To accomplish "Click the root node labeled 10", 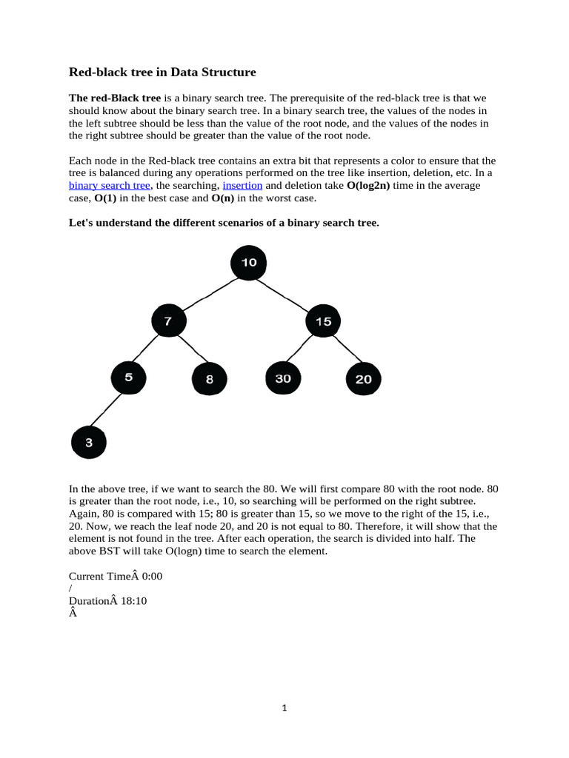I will [x=249, y=263].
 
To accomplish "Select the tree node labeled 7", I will [x=169, y=321].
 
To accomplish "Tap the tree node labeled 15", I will [x=324, y=321].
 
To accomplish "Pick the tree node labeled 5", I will [x=129, y=378].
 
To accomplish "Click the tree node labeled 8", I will [x=210, y=379].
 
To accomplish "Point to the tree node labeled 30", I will [x=283, y=378].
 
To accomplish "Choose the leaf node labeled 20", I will [x=364, y=379].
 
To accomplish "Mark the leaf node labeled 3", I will [x=89, y=443].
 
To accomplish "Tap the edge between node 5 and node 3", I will [x=108, y=410].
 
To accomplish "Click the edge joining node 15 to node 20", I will [x=345, y=351].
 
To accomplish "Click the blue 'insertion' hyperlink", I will [x=242, y=185].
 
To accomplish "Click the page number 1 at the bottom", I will [x=284, y=708].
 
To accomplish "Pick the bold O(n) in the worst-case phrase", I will [x=204, y=198].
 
